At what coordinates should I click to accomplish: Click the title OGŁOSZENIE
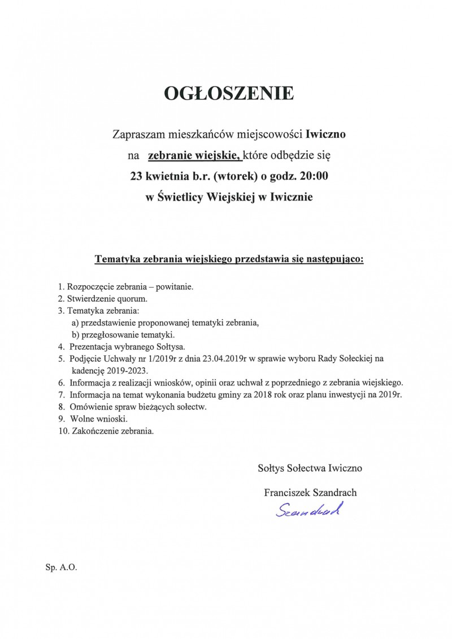pyautogui.click(x=228, y=93)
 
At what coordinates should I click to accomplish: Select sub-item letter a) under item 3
pyautogui.click(x=75, y=323)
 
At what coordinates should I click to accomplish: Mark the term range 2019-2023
pyautogui.click(x=127, y=371)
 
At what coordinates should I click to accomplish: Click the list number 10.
pyautogui.click(x=63, y=431)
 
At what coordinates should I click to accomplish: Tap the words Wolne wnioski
pyautogui.click(x=99, y=419)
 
